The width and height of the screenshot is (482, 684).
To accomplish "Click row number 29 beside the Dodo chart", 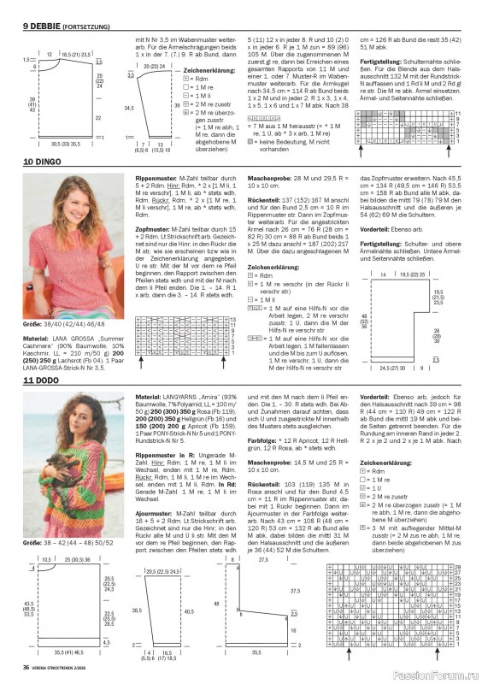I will [x=459, y=568].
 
